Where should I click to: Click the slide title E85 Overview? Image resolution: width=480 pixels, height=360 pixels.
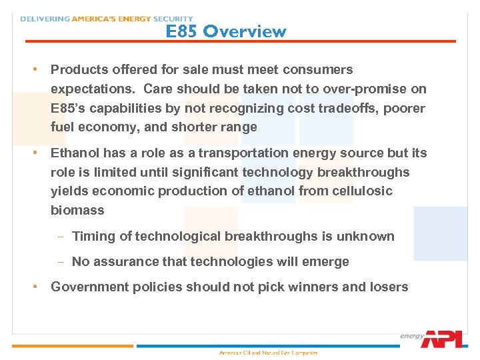(x=226, y=31)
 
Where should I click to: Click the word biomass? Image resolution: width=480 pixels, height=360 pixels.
(x=77, y=211)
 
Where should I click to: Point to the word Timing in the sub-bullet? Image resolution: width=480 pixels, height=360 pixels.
(x=91, y=236)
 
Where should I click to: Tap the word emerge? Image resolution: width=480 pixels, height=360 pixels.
(x=325, y=261)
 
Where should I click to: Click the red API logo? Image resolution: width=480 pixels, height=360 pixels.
(x=441, y=339)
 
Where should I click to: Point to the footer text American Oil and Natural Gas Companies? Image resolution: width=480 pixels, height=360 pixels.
(x=269, y=353)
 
